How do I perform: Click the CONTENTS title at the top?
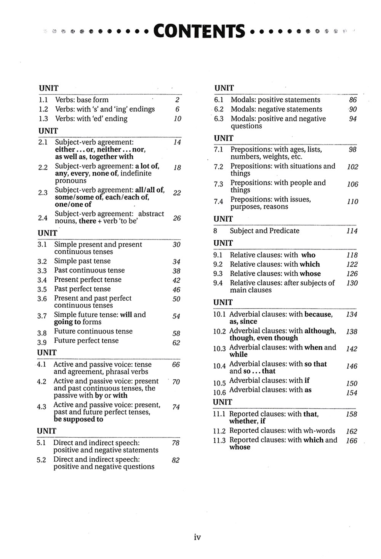coord(199,31)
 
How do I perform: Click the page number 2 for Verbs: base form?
coord(177,100)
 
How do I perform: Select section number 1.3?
coord(43,119)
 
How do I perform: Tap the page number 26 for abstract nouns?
coord(177,218)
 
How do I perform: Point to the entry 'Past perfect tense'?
coord(82,289)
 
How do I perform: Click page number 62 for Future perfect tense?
coord(176,343)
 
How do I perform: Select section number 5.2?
coord(41,460)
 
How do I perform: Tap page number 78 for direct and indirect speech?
coord(176,443)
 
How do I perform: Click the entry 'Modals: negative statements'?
coord(276,109)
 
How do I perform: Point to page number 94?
coord(353,119)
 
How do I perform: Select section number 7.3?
coord(218,184)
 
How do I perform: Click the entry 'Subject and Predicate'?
coord(264,231)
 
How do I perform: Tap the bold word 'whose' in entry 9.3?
coord(310,274)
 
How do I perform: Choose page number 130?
coord(352,283)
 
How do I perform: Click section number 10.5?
coord(219,383)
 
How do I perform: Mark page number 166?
coord(352,441)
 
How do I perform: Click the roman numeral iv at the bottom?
coord(197,537)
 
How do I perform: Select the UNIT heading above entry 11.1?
coord(223,402)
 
